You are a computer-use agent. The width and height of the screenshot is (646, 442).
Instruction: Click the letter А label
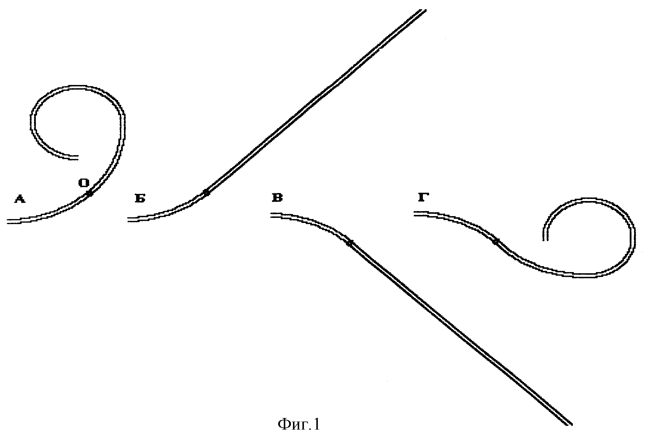point(20,199)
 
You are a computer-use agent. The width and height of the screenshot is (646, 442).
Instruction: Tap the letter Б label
point(140,199)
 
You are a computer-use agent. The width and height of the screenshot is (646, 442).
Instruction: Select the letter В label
point(277,198)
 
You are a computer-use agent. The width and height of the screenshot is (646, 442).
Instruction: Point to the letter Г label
point(423,197)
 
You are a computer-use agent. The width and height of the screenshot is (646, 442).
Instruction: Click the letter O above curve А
point(84,183)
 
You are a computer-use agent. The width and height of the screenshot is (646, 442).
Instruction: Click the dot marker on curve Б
point(206,193)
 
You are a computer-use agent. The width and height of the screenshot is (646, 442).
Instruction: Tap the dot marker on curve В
point(349,244)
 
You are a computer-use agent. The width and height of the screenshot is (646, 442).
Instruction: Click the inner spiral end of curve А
point(78,157)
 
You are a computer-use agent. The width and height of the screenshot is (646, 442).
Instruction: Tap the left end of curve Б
point(128,219)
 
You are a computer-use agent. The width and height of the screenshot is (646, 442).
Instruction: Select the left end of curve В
point(271,215)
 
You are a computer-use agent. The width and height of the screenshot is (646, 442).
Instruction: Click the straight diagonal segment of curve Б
point(315,102)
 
